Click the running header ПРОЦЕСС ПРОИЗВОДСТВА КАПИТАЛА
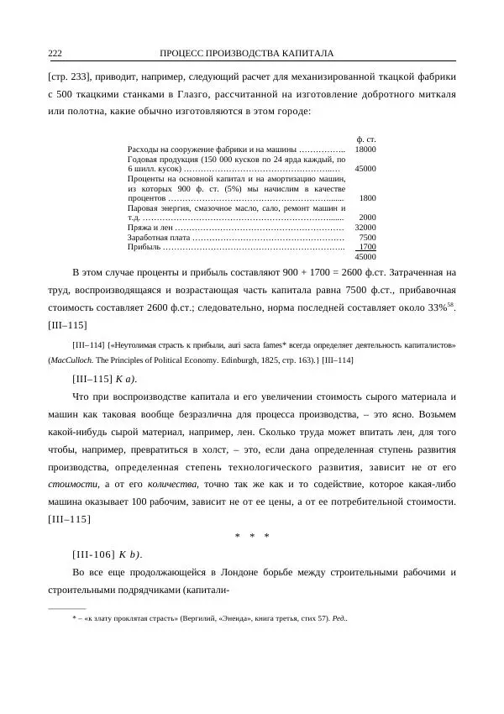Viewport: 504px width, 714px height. tap(246, 54)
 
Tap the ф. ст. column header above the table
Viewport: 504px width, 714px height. tap(365, 138)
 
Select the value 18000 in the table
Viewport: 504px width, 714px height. tap(365, 148)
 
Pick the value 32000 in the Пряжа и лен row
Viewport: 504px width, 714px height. tap(365, 227)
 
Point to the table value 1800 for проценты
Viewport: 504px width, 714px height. tap(368, 197)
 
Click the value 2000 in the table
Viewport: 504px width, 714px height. tap(368, 217)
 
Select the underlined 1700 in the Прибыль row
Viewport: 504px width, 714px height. tap(367, 246)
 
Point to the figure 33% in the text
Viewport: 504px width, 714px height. tap(438, 308)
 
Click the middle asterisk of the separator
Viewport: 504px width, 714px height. tap(252, 536)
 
